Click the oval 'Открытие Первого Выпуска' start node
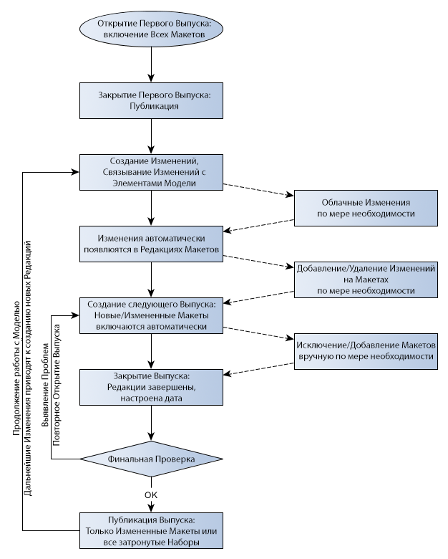(x=151, y=29)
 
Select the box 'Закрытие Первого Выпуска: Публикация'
(x=151, y=100)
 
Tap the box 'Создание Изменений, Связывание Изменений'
(x=151, y=172)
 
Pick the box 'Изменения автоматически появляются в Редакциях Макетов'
(x=151, y=244)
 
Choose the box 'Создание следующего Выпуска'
(x=151, y=315)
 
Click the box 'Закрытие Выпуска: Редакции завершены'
(x=151, y=387)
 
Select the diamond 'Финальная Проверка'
(x=151, y=458)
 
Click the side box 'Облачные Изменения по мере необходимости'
(x=366, y=209)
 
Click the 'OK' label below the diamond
(x=151, y=494)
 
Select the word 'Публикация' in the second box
(x=150, y=107)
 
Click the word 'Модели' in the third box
(x=175, y=183)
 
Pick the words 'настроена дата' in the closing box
(x=151, y=398)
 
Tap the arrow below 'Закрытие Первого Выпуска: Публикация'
(x=151, y=136)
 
